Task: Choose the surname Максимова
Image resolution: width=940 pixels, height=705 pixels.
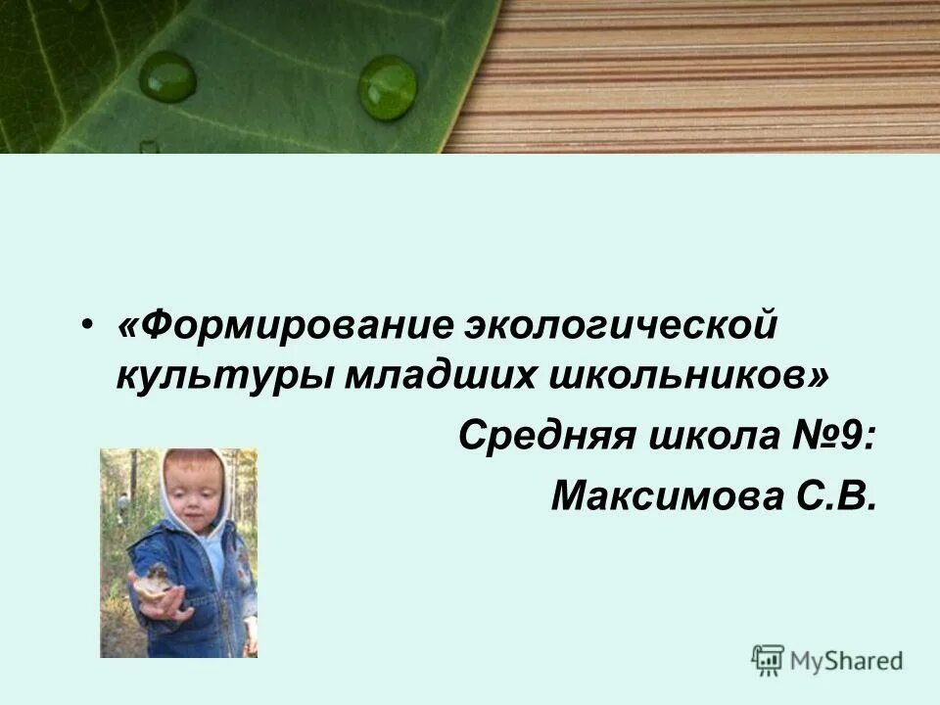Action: [662, 495]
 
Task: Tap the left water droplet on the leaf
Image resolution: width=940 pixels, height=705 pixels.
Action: [167, 76]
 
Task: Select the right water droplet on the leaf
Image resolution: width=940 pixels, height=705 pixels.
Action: [387, 87]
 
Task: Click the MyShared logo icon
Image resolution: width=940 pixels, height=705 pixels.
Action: [768, 659]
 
